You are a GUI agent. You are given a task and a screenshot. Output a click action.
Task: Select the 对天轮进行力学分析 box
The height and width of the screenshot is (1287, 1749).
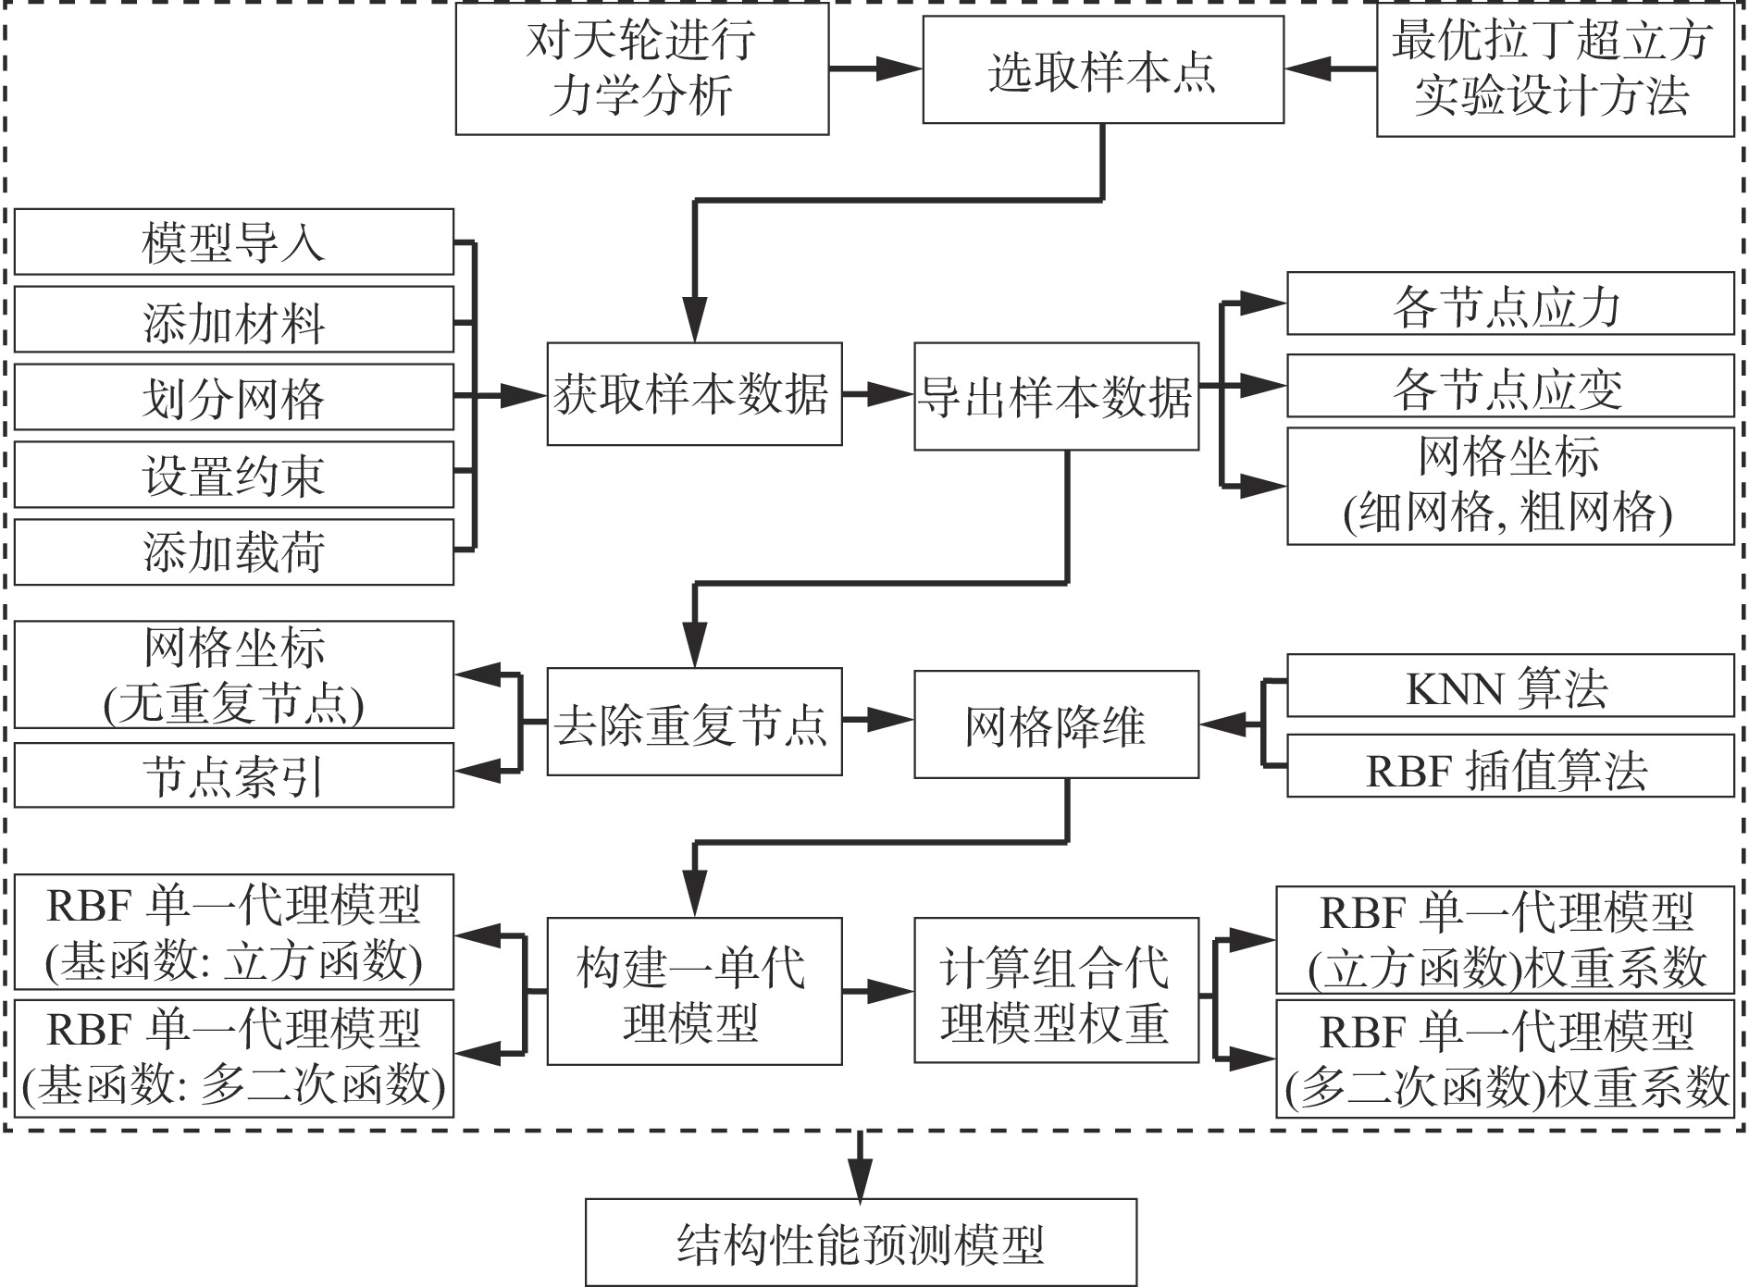(x=641, y=68)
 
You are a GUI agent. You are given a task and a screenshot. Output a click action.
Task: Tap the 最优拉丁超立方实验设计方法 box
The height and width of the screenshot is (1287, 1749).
(x=1554, y=68)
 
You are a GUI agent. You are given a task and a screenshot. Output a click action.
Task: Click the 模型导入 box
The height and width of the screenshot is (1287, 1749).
(x=233, y=242)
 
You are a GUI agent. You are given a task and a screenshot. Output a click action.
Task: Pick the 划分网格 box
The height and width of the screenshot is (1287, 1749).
(x=233, y=398)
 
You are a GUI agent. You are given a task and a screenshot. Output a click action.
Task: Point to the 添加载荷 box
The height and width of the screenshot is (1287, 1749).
(x=233, y=552)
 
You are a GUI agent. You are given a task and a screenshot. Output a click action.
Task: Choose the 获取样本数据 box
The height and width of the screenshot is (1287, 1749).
(x=694, y=394)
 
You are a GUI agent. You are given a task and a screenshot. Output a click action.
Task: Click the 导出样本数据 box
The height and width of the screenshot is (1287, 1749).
(x=1056, y=396)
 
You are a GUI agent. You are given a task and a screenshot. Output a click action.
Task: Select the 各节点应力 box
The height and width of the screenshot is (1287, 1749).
(x=1509, y=303)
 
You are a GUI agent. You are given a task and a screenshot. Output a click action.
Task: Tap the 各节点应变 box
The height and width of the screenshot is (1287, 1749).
(x=1509, y=386)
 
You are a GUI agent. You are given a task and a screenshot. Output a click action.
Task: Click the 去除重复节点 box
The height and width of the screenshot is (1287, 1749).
(x=694, y=722)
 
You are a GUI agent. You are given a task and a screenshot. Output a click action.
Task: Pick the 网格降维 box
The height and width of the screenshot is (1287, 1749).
(x=1056, y=724)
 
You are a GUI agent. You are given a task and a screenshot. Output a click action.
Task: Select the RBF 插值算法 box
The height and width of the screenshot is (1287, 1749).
(x=1509, y=766)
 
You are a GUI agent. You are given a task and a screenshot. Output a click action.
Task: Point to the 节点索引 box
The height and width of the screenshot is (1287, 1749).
(x=233, y=775)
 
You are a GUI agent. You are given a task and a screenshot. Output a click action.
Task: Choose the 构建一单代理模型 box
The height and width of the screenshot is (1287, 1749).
(x=694, y=991)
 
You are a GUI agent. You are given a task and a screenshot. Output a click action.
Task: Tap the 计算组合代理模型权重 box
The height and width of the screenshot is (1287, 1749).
(x=1056, y=991)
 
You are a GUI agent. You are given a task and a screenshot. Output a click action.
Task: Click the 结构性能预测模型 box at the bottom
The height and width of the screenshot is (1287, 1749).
(x=861, y=1243)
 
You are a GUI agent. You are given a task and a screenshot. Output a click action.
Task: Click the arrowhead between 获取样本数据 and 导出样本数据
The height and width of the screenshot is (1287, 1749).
(x=894, y=394)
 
